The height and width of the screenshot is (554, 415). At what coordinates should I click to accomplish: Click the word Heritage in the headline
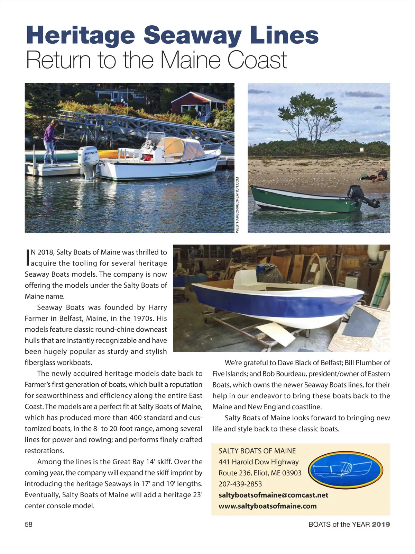[80, 35]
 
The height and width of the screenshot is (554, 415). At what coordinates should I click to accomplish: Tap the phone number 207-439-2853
[240, 484]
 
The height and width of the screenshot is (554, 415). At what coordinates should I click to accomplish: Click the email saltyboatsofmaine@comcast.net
[273, 495]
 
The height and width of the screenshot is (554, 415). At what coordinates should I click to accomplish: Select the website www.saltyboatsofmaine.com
[267, 506]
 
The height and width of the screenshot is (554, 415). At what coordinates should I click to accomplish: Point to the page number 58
[28, 525]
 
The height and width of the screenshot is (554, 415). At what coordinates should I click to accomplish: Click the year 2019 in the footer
[381, 525]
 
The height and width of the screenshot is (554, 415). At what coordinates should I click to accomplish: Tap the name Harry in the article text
[158, 307]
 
